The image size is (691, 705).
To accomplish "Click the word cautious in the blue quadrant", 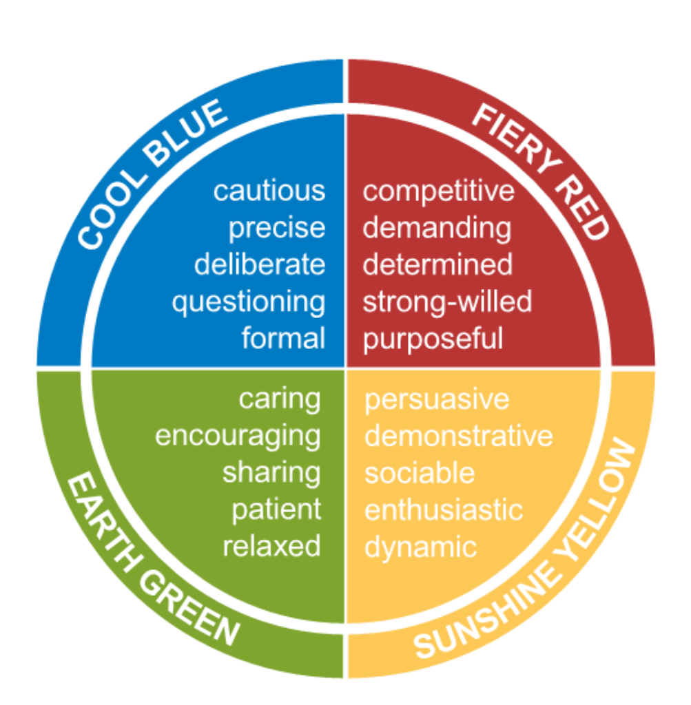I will (269, 191).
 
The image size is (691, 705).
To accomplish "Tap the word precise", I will (276, 228).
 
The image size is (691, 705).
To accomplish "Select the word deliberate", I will (259, 265).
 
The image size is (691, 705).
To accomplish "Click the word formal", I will (283, 339).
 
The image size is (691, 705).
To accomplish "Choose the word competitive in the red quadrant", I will (438, 191).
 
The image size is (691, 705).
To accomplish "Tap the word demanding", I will (437, 228).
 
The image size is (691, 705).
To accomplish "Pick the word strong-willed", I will (447, 302).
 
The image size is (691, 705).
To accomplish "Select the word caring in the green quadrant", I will (280, 399).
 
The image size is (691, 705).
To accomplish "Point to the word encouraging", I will (238, 436).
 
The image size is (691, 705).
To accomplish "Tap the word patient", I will (276, 510).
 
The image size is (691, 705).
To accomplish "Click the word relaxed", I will (271, 547).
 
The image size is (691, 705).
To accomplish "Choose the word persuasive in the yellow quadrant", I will (437, 399).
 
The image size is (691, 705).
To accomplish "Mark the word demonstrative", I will (458, 436).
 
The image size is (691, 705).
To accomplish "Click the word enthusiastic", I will (444, 510).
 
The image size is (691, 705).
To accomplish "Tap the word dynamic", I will (420, 547).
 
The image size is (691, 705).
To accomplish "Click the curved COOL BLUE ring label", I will (151, 172).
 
